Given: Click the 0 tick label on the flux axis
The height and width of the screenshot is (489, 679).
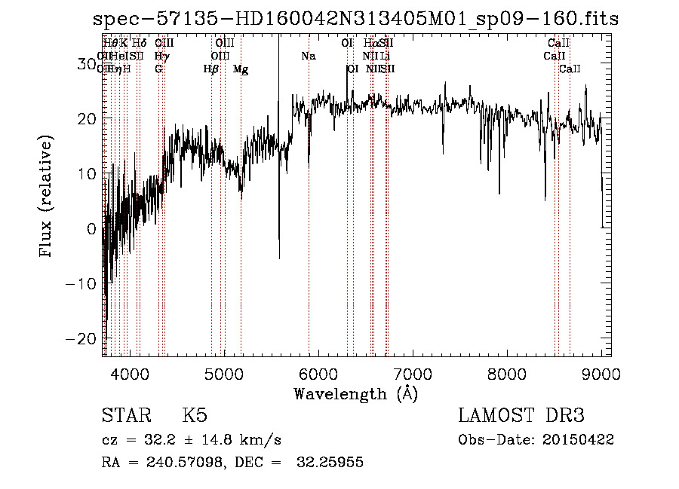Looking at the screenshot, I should click(90, 228).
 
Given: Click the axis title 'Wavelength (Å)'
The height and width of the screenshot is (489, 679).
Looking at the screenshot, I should click(355, 393).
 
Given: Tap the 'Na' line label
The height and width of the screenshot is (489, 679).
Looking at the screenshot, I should click(308, 57).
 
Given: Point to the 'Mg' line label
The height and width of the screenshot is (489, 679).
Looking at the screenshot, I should click(241, 69).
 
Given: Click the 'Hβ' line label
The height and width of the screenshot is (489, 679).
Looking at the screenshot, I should click(211, 69).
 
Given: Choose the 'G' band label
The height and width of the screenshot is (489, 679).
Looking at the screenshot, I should click(158, 69).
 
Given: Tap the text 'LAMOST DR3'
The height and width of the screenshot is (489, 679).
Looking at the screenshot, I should click(521, 416).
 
